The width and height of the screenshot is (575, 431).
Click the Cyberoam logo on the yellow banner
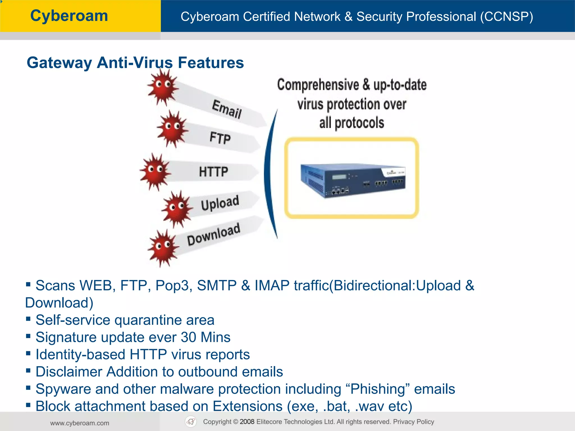click(69, 16)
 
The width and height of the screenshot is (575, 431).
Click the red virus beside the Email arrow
click(163, 87)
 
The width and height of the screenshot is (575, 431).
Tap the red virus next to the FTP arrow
click(172, 129)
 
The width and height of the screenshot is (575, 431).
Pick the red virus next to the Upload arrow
click(177, 209)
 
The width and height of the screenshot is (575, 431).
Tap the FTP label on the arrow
click(220, 138)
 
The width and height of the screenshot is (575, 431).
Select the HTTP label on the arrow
click(213, 172)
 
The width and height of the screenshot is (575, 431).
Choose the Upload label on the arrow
click(220, 203)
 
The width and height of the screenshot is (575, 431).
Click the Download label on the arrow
click(214, 235)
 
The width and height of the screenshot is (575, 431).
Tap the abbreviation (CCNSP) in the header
click(506, 17)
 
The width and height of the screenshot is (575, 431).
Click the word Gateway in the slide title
click(59, 63)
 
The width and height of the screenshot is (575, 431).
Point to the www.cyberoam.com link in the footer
click(80, 423)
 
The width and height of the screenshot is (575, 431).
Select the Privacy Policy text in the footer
click(414, 422)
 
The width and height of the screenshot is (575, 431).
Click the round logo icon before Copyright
click(191, 422)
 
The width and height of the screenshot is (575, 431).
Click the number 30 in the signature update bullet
click(188, 337)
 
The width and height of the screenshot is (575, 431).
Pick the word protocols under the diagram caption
click(359, 123)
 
